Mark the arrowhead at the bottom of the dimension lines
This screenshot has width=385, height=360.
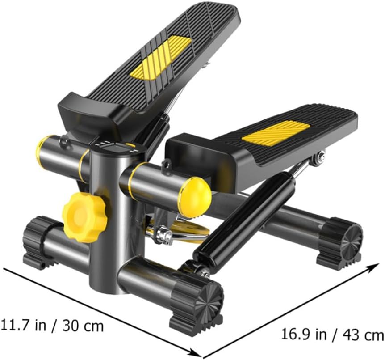point(197,352)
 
